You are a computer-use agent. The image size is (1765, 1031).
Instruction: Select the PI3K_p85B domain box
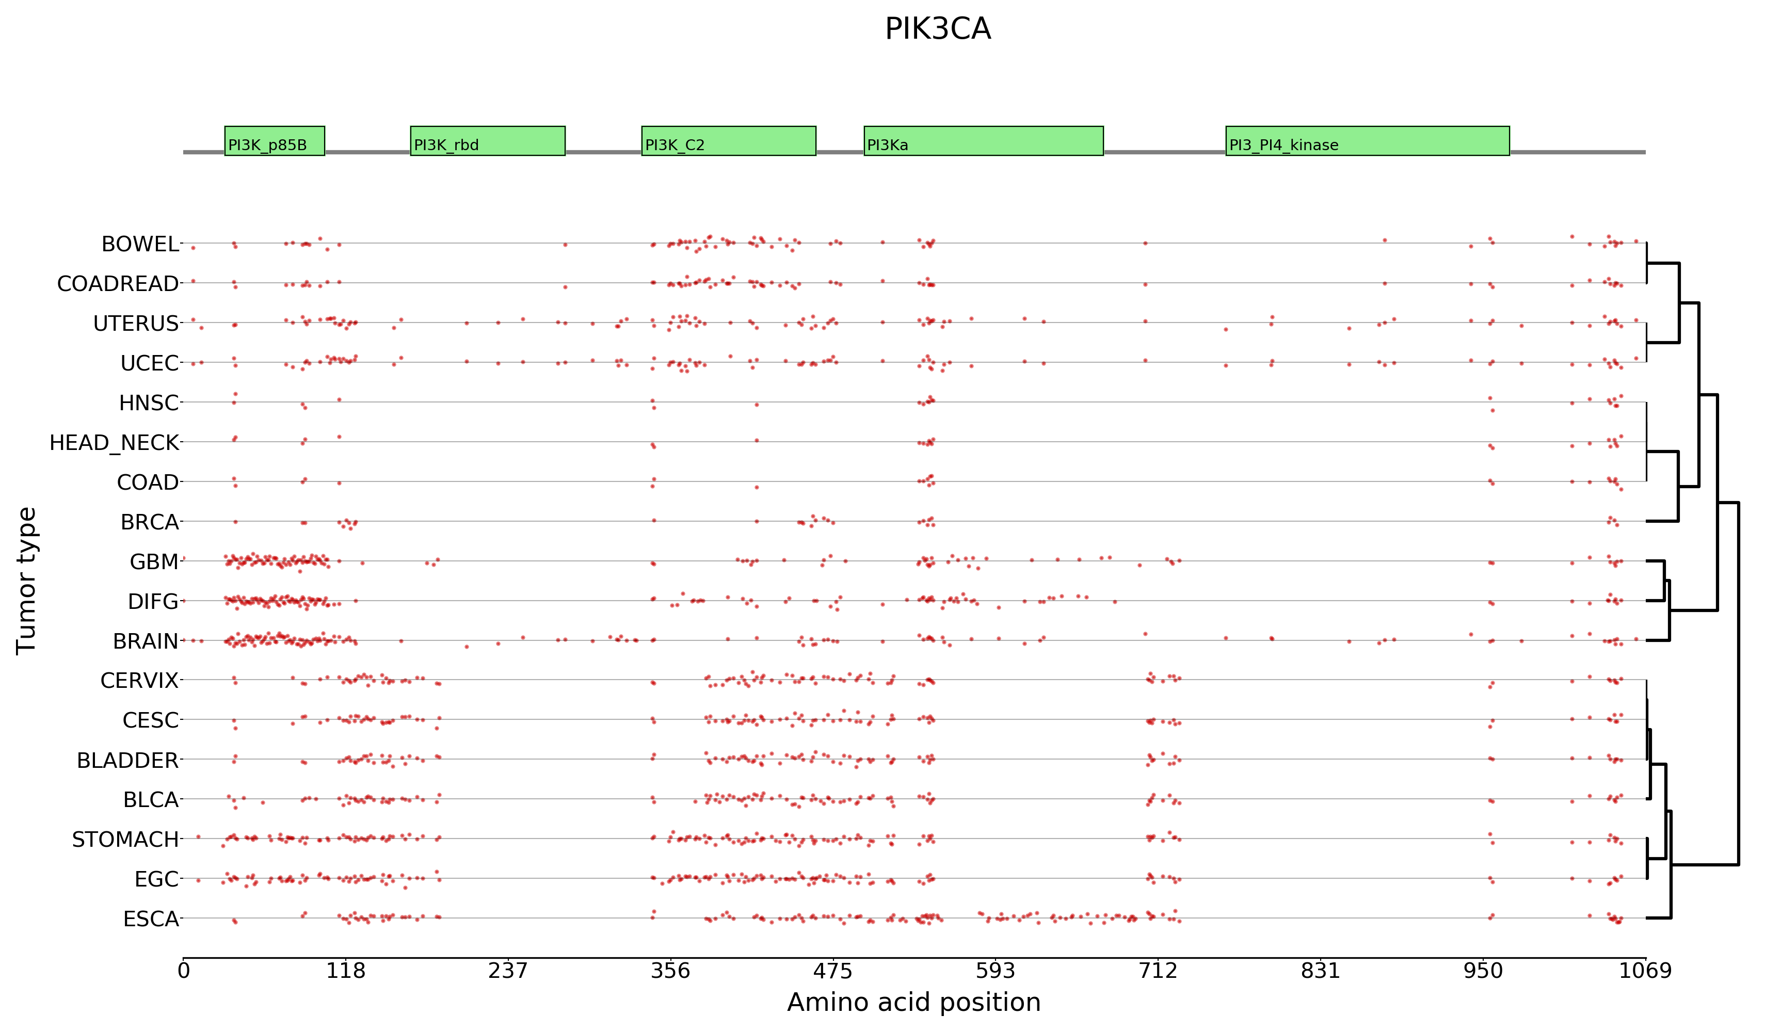tap(275, 141)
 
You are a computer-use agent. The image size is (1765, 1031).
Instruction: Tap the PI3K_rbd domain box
tap(488, 141)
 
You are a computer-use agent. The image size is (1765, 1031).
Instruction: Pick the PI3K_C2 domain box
tap(728, 141)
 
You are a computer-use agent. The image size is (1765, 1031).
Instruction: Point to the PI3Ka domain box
tap(983, 141)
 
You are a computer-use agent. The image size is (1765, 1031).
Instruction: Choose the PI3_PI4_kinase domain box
tap(1367, 141)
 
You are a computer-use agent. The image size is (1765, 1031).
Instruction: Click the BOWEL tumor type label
tap(140, 245)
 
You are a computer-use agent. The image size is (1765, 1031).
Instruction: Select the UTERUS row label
tap(136, 324)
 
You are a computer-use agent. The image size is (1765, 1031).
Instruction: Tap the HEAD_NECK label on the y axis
tap(114, 443)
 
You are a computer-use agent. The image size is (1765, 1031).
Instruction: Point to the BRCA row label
tap(149, 523)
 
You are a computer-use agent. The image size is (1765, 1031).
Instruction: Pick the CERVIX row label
tap(139, 681)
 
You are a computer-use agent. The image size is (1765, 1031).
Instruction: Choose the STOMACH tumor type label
tap(125, 839)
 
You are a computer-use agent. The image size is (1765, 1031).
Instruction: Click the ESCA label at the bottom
tap(151, 919)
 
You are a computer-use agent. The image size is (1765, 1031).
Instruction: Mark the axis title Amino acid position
tap(913, 1002)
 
